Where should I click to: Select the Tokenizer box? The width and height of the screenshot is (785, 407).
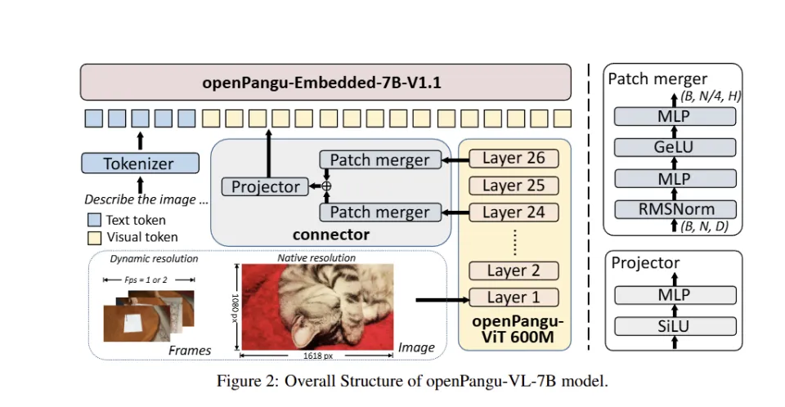pos(139,163)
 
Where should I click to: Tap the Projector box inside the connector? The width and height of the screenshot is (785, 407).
pos(266,187)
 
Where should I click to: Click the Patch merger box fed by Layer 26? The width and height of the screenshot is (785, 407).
pos(379,159)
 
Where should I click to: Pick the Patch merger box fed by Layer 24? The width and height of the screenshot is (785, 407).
pos(379,212)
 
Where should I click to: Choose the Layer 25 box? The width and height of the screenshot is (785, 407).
pos(514,186)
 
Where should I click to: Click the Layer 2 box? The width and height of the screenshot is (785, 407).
pos(514,271)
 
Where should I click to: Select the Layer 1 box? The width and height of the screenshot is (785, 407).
pos(514,297)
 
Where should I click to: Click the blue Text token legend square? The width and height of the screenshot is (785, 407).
pos(94,220)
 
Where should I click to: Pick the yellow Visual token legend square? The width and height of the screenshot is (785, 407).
pos(94,237)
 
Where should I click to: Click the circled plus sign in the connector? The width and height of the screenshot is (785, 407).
pos(326,186)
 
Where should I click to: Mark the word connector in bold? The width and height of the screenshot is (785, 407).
pos(331,235)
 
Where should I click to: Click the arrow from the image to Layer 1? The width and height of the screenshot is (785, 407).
pos(440,300)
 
